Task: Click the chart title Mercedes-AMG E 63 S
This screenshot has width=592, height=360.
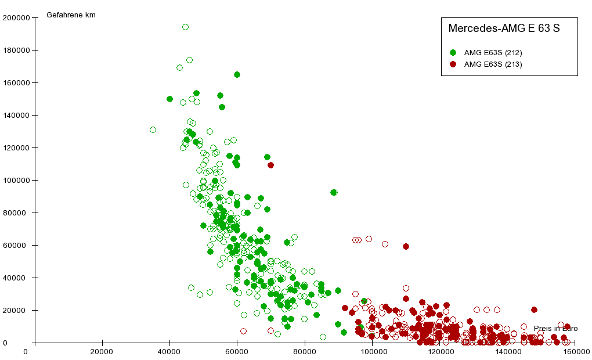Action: [x=504, y=28]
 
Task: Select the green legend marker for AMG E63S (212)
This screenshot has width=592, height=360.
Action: [x=453, y=52]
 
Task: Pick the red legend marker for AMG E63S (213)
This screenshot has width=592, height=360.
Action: [x=453, y=64]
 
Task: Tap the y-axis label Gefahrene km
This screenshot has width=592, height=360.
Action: [x=71, y=15]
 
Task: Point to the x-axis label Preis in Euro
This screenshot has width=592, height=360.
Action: [x=555, y=329]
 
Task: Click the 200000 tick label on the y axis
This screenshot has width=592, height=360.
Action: [x=16, y=17]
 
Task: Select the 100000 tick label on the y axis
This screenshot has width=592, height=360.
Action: [x=16, y=180]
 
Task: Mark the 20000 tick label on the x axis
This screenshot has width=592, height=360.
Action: [x=102, y=351]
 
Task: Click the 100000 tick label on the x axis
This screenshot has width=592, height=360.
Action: [x=372, y=351]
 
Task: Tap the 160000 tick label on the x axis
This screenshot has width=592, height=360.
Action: [x=575, y=351]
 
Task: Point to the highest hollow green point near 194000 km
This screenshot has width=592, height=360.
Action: [x=185, y=27]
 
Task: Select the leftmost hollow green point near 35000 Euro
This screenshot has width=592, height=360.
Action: [x=153, y=129]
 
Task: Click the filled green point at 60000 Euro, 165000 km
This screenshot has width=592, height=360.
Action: [x=237, y=74]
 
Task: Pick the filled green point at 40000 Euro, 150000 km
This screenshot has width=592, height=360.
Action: [x=169, y=99]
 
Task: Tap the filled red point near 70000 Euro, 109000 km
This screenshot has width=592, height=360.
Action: [x=270, y=165]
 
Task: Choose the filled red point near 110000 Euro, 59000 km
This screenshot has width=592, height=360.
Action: [x=406, y=246]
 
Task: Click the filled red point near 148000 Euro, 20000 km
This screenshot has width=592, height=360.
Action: [x=534, y=309]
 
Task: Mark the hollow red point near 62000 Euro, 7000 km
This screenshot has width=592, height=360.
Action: [x=243, y=331]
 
